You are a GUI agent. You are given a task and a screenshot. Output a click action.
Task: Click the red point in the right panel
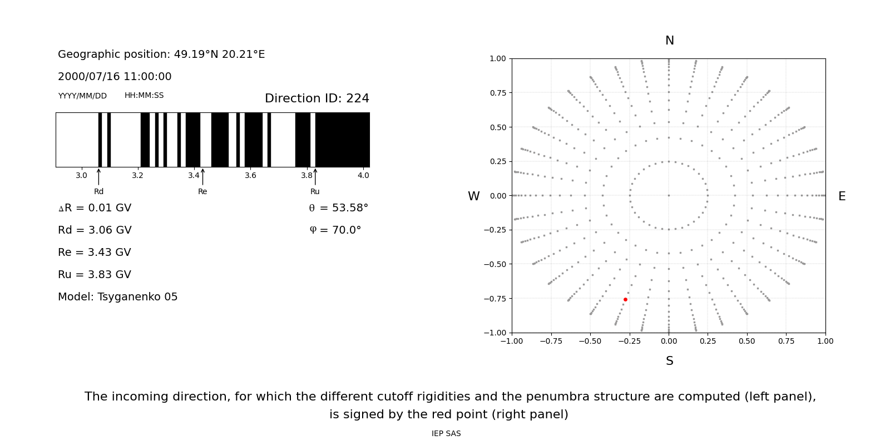tap(625, 299)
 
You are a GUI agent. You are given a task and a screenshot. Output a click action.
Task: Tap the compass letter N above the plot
tap(670, 41)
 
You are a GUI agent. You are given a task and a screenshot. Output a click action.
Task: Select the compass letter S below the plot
tap(670, 361)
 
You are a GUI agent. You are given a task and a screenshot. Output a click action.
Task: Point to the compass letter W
tap(473, 196)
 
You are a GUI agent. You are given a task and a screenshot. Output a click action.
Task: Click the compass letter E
tap(842, 196)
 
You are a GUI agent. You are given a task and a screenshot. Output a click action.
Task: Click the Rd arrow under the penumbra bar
tap(98, 176)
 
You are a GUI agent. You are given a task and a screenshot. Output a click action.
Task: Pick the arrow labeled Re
tap(202, 176)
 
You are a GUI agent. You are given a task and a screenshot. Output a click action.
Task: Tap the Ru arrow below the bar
tap(315, 176)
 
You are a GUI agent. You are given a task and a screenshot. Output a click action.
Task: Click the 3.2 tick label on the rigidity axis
tap(137, 175)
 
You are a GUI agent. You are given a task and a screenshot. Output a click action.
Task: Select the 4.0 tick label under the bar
tap(363, 175)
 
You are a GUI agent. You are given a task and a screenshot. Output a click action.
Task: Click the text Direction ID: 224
tap(317, 98)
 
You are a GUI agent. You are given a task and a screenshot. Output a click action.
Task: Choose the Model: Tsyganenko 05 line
tap(117, 297)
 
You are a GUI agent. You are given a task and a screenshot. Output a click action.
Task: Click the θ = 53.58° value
tap(338, 208)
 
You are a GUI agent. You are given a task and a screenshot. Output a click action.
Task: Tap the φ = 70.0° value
tap(335, 230)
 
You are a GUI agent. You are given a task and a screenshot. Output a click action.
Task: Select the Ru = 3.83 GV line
tap(94, 275)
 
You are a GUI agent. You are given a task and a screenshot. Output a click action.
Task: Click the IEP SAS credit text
tap(446, 434)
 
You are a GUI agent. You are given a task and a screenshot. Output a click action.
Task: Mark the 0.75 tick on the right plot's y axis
tap(497, 93)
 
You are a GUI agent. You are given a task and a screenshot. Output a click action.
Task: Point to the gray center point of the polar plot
tap(669, 195)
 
